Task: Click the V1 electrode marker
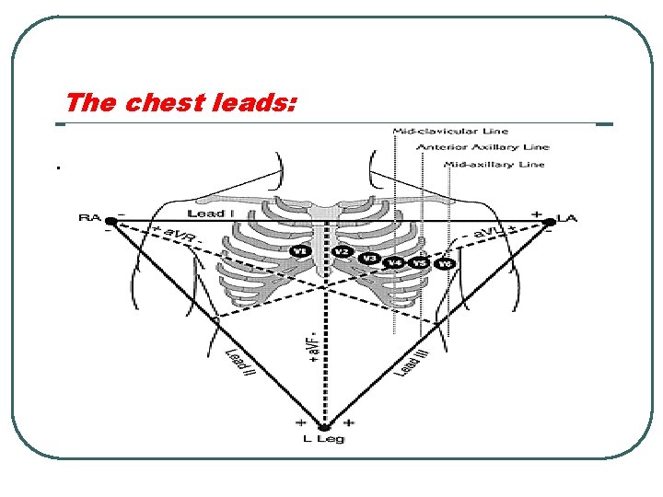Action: pyautogui.click(x=298, y=250)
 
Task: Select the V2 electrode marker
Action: pyautogui.click(x=342, y=251)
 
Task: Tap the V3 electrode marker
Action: pyautogui.click(x=370, y=258)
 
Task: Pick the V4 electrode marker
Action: pyautogui.click(x=395, y=263)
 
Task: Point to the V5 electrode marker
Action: pyautogui.click(x=420, y=263)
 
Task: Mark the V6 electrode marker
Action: pyautogui.click(x=446, y=264)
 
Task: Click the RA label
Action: pyautogui.click(x=89, y=218)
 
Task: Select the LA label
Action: pyautogui.click(x=568, y=219)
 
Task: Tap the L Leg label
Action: pyautogui.click(x=323, y=439)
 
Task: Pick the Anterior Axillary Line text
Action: pyautogui.click(x=483, y=147)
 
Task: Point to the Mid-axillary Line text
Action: pyautogui.click(x=494, y=165)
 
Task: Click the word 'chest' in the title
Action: pyautogui.click(x=163, y=102)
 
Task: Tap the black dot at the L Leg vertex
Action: pyautogui.click(x=324, y=425)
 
